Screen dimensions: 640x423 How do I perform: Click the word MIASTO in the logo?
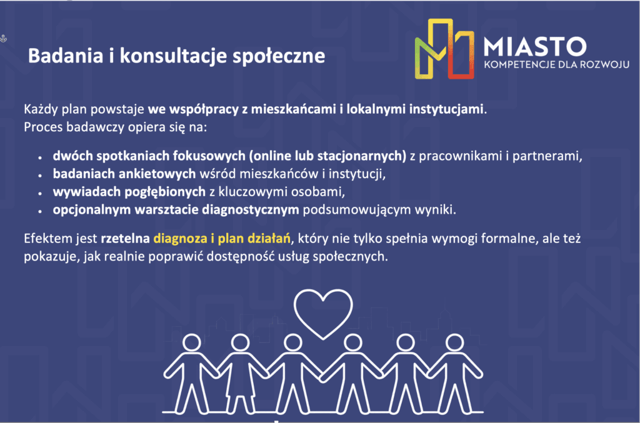pos(535,46)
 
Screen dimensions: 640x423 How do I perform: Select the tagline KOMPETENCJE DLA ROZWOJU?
pos(556,64)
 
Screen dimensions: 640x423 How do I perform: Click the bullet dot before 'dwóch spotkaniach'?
pos(40,157)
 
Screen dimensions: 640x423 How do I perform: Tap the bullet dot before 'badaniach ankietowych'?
pos(40,175)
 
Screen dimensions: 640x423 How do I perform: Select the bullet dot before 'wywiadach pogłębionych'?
pos(40,193)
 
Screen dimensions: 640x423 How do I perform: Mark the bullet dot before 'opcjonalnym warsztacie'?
pos(40,211)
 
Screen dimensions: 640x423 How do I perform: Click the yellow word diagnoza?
pos(180,239)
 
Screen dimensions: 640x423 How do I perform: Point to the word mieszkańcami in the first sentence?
pos(293,109)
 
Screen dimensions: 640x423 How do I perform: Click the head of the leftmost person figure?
pos(191,342)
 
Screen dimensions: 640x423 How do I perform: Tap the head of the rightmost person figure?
pos(454,342)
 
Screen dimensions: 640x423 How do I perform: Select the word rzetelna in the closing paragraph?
pos(125,238)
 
